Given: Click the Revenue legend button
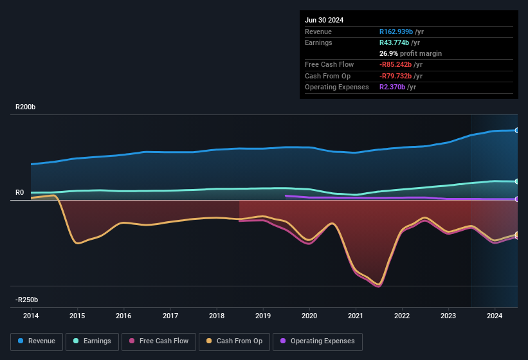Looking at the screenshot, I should (x=37, y=341).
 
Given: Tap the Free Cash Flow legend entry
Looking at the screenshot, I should (x=159, y=341).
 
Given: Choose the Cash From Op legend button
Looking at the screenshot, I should (x=235, y=341).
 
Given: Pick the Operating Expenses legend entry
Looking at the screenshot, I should (x=318, y=341).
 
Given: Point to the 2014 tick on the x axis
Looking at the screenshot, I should (x=31, y=316).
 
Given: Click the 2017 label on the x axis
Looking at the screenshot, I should (x=170, y=316).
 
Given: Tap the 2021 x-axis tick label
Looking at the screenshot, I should (x=356, y=316).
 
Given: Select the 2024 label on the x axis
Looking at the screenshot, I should (x=495, y=316).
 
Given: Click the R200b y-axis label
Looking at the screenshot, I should (x=26, y=107).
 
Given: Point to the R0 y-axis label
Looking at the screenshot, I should (x=20, y=192).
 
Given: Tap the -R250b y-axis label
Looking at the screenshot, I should (x=27, y=300).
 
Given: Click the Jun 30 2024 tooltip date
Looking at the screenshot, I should (x=324, y=20).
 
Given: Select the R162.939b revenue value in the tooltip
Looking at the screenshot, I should (x=400, y=32).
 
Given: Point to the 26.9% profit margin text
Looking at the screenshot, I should (x=410, y=53).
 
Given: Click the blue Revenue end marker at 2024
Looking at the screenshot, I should (x=517, y=130).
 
